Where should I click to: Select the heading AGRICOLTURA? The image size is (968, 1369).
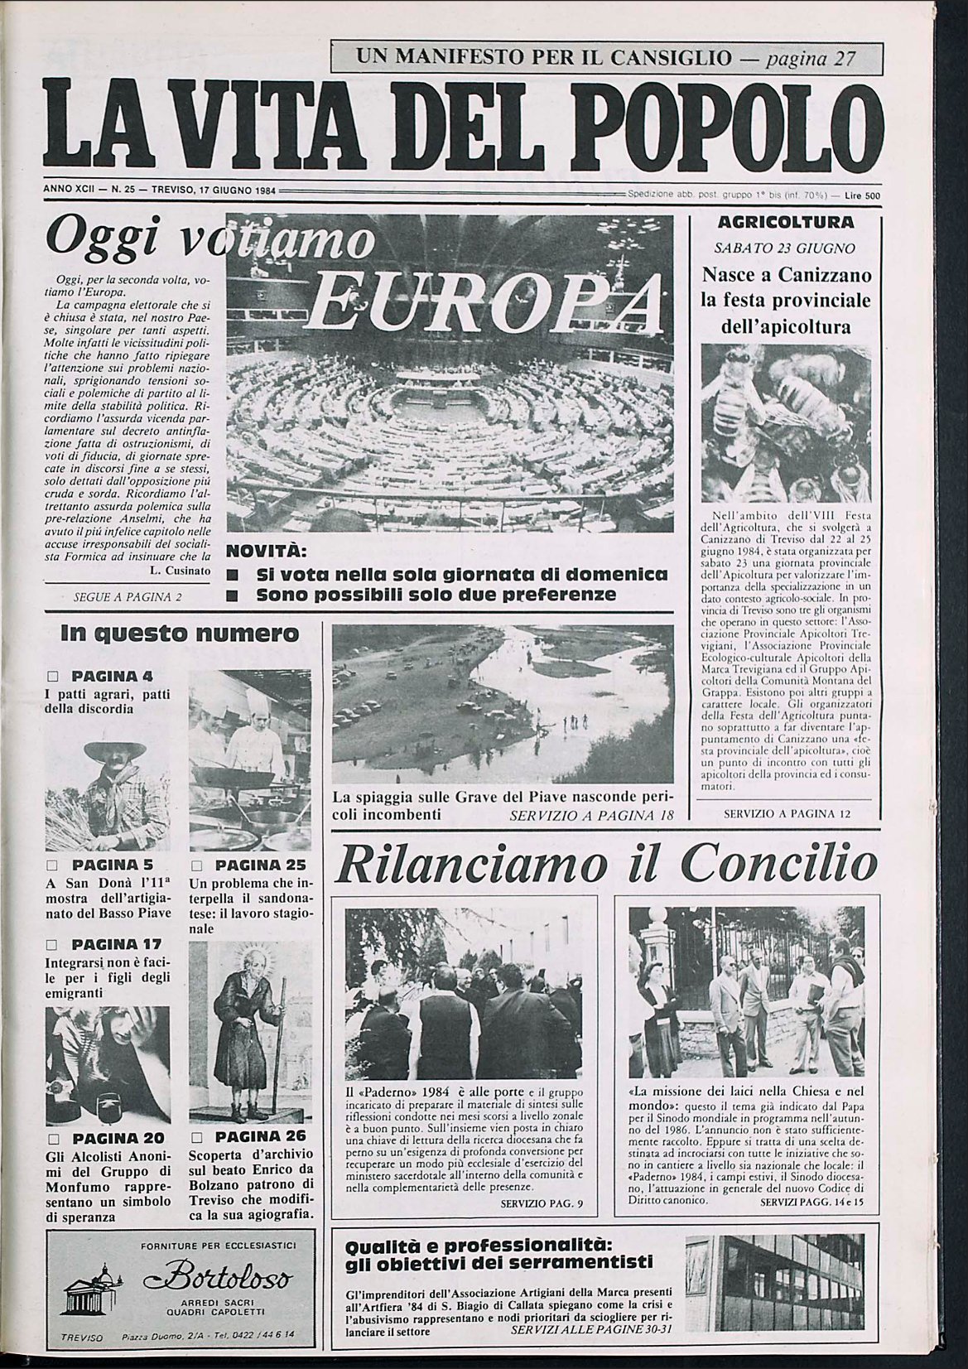click(x=786, y=223)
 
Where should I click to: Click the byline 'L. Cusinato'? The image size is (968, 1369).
click(x=181, y=571)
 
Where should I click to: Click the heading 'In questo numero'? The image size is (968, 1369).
click(x=179, y=634)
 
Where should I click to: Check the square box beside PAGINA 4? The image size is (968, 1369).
click(x=52, y=676)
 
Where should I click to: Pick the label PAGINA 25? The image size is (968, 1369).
click(x=248, y=865)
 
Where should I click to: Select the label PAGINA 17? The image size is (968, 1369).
click(x=116, y=943)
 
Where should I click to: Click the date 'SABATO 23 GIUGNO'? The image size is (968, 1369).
click(x=784, y=248)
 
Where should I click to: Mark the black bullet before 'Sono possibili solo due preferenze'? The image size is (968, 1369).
click(x=233, y=595)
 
